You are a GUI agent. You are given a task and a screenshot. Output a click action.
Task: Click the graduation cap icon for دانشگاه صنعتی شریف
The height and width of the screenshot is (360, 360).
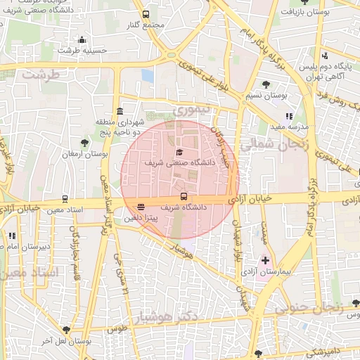179,152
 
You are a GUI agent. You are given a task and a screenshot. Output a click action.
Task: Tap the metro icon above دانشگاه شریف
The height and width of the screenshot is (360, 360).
184,196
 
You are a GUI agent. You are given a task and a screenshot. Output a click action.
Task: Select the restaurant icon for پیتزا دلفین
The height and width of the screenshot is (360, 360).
141,207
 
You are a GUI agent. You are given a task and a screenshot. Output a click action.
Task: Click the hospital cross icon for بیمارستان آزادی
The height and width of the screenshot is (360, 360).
264,260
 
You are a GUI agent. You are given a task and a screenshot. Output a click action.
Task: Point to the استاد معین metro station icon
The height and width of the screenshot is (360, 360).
65,199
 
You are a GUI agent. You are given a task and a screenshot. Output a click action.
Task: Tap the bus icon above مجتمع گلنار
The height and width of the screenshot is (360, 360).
146,14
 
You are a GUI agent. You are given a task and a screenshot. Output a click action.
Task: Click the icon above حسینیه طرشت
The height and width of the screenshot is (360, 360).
82,39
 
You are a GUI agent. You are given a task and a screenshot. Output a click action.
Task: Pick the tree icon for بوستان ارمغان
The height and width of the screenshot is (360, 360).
85,143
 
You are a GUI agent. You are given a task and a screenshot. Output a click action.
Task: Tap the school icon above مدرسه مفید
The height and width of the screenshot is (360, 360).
289,116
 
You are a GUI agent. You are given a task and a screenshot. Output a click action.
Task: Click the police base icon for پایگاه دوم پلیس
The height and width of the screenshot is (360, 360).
324,56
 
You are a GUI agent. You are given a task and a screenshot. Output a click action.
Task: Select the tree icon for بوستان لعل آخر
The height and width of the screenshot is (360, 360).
67,329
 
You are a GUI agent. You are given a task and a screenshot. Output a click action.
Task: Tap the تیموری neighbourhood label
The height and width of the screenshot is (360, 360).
191,111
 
